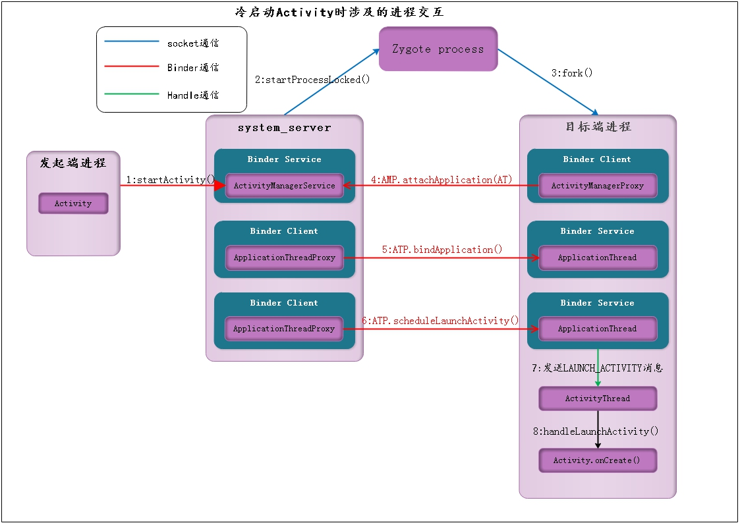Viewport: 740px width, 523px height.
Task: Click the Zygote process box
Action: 438,49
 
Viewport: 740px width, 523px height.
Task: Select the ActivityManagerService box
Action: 284,186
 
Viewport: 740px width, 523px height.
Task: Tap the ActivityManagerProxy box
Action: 597,186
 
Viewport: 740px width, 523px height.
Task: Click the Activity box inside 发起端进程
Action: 73,204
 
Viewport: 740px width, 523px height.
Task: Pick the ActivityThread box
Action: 597,399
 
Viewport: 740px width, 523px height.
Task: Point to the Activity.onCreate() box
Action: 597,460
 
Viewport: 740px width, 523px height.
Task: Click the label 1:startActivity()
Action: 171,179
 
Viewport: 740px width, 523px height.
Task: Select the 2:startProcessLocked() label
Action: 312,80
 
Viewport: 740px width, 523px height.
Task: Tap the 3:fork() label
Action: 572,73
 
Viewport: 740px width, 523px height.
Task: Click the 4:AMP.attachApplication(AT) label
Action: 441,179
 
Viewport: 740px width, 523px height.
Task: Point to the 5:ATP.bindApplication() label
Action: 441,250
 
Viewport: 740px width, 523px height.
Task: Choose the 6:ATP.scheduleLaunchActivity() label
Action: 440,321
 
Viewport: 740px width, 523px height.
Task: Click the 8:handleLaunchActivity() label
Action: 596,431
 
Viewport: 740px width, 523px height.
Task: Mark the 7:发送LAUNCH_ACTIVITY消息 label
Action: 597,368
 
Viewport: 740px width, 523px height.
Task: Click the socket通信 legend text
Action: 192,43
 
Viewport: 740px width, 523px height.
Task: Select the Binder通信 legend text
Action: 192,68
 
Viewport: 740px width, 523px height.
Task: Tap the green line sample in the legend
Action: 132,94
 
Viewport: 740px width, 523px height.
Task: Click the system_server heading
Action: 284,128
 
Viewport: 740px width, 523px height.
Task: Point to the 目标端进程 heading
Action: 598,127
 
